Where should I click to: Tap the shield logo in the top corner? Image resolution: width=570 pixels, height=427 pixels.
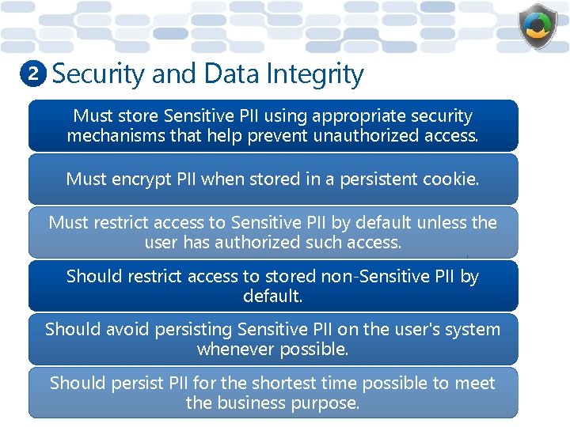click(x=538, y=27)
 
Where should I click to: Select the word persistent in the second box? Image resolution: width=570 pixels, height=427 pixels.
click(x=375, y=179)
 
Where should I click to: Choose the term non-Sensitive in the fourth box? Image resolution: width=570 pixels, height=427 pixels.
click(x=372, y=276)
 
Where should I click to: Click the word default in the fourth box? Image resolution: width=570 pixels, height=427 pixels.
click(x=272, y=297)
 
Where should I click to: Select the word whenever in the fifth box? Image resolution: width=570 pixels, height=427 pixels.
click(x=231, y=349)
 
